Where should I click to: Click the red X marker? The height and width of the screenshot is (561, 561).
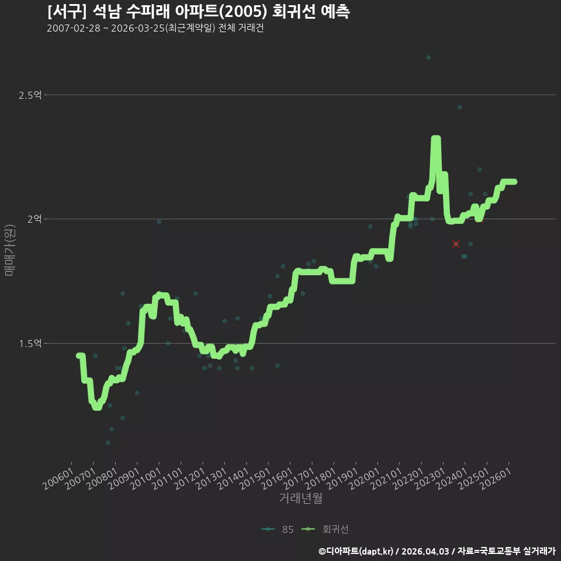click(x=456, y=244)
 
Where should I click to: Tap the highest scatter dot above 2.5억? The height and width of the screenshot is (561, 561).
click(x=428, y=58)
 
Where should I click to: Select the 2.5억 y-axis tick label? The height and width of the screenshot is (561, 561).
click(x=30, y=95)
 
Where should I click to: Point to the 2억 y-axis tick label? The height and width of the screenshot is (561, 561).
click(x=34, y=219)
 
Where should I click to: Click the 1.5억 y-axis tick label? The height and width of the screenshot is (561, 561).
click(x=30, y=344)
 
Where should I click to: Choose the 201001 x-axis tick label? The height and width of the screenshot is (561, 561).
click(x=146, y=479)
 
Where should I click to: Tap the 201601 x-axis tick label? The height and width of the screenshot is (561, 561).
click(x=277, y=479)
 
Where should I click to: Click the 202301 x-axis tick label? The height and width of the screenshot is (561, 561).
click(x=430, y=479)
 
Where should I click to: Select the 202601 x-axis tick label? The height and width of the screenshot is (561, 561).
click(x=496, y=479)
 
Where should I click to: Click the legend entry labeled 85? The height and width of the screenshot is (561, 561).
click(x=278, y=529)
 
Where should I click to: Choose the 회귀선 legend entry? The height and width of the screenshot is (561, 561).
click(x=325, y=529)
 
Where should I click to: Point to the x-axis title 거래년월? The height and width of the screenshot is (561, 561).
click(x=300, y=498)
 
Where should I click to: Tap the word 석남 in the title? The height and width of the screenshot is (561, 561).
click(x=106, y=12)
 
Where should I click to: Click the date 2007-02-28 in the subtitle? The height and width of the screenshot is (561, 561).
click(x=74, y=28)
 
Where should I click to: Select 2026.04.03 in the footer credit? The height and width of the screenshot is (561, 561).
click(x=425, y=551)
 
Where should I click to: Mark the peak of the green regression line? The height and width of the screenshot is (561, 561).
click(x=436, y=138)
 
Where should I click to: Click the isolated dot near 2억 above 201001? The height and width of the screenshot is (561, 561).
click(x=159, y=222)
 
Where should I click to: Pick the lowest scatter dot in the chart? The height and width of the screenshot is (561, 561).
click(x=108, y=442)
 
